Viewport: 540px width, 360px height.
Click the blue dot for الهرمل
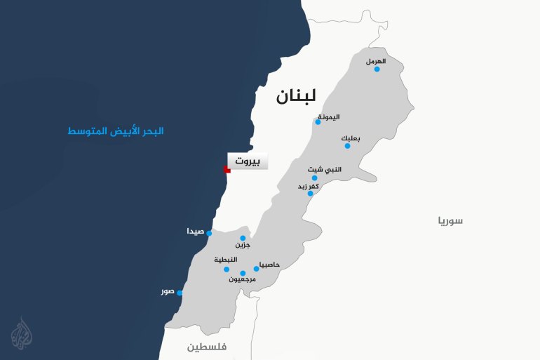pyautogui.click(x=377, y=69)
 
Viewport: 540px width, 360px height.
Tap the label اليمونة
pyautogui.click(x=329, y=116)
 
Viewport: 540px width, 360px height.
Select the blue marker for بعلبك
pyautogui.click(x=347, y=145)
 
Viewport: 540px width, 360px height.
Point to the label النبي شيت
pyautogui.click(x=326, y=169)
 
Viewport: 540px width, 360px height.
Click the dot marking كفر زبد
pyautogui.click(x=310, y=193)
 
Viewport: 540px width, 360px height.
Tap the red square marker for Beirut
pyautogui.click(x=227, y=169)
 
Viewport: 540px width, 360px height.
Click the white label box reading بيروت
pyautogui.click(x=248, y=161)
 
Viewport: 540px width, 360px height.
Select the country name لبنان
pyautogui.click(x=296, y=96)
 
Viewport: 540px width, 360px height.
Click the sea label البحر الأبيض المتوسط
pyautogui.click(x=116, y=131)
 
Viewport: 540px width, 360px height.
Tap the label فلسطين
pyautogui.click(x=211, y=347)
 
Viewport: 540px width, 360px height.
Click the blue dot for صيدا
pyautogui.click(x=209, y=233)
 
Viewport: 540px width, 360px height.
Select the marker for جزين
pyautogui.click(x=243, y=238)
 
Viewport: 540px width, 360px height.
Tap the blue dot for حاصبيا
pyautogui.click(x=257, y=269)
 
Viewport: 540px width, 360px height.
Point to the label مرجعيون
pyautogui.click(x=243, y=279)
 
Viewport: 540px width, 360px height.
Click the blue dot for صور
pyautogui.click(x=180, y=293)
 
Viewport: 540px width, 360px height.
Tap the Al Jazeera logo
pyautogui.click(x=25, y=333)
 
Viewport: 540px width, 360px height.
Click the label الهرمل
pyautogui.click(x=376, y=61)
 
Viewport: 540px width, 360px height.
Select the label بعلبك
pyautogui.click(x=351, y=138)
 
